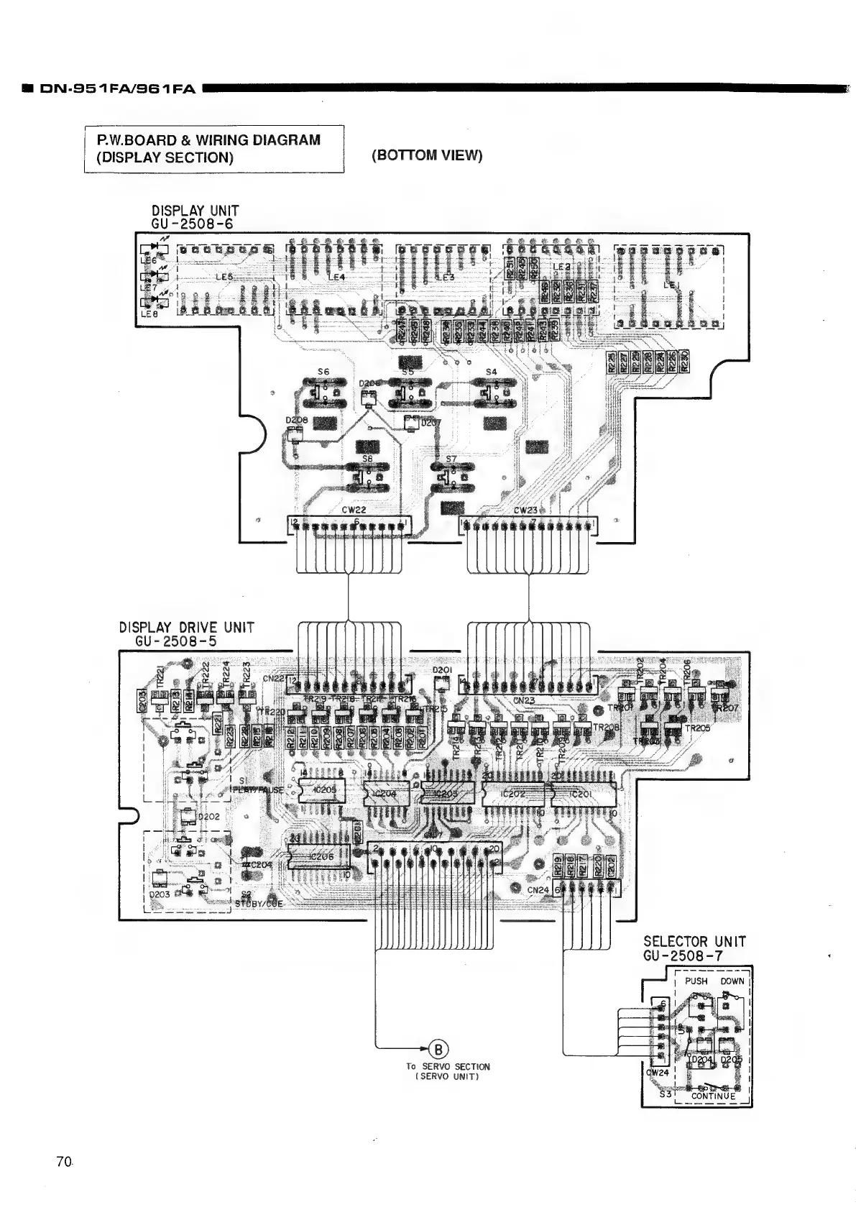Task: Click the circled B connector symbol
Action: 435,1048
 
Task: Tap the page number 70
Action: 63,1161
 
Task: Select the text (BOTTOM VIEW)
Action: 427,155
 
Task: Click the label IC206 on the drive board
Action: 321,857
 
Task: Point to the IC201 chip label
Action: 580,794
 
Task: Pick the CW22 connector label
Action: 354,510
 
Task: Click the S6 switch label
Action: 323,372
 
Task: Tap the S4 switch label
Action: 491,372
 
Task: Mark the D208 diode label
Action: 296,420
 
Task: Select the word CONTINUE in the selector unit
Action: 713,1096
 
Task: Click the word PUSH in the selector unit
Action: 696,981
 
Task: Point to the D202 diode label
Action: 208,817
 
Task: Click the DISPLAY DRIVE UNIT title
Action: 186,627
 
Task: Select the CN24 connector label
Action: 538,890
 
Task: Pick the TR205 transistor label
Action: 697,728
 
